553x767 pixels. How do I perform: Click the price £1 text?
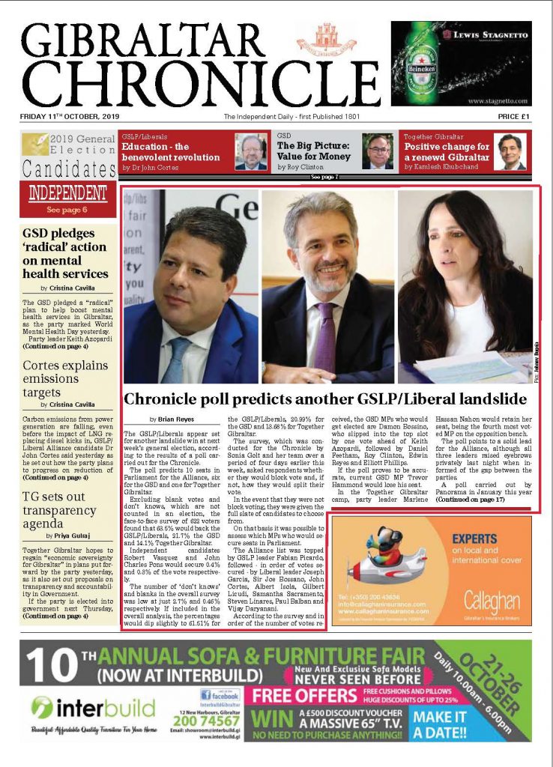513,117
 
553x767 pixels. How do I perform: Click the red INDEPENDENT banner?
67,193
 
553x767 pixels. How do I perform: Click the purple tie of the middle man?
325,337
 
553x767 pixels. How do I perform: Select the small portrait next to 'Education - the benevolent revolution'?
251,151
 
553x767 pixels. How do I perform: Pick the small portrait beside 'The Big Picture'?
378,151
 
